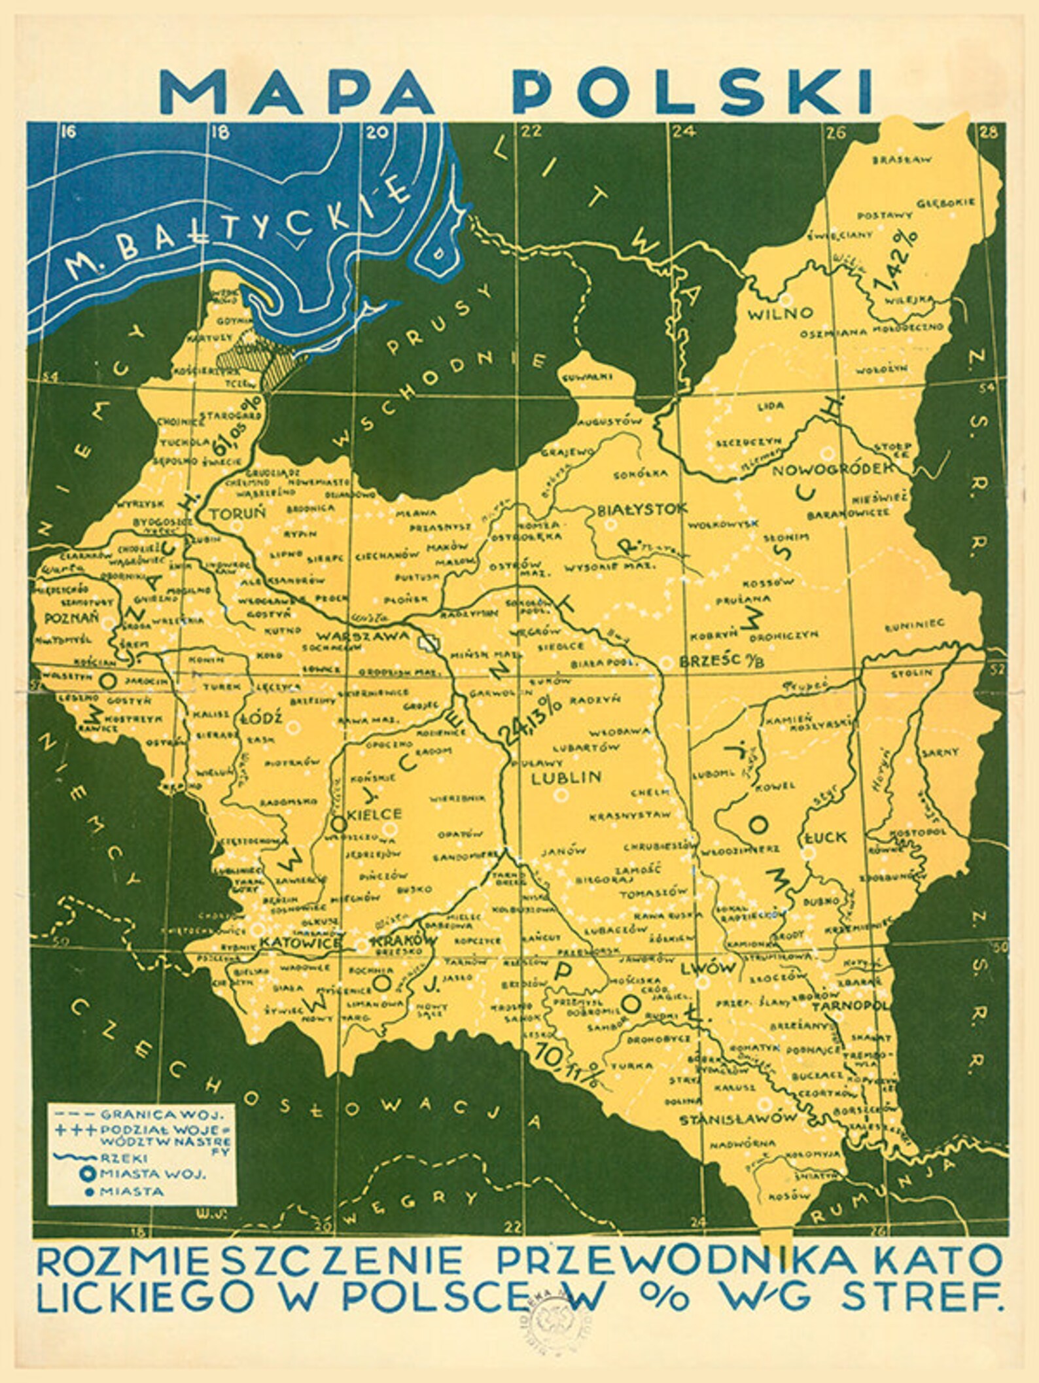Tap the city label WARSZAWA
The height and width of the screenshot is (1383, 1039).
(364, 635)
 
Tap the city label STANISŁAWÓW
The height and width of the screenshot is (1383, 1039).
(738, 1118)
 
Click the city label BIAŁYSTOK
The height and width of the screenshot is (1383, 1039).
(638, 508)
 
